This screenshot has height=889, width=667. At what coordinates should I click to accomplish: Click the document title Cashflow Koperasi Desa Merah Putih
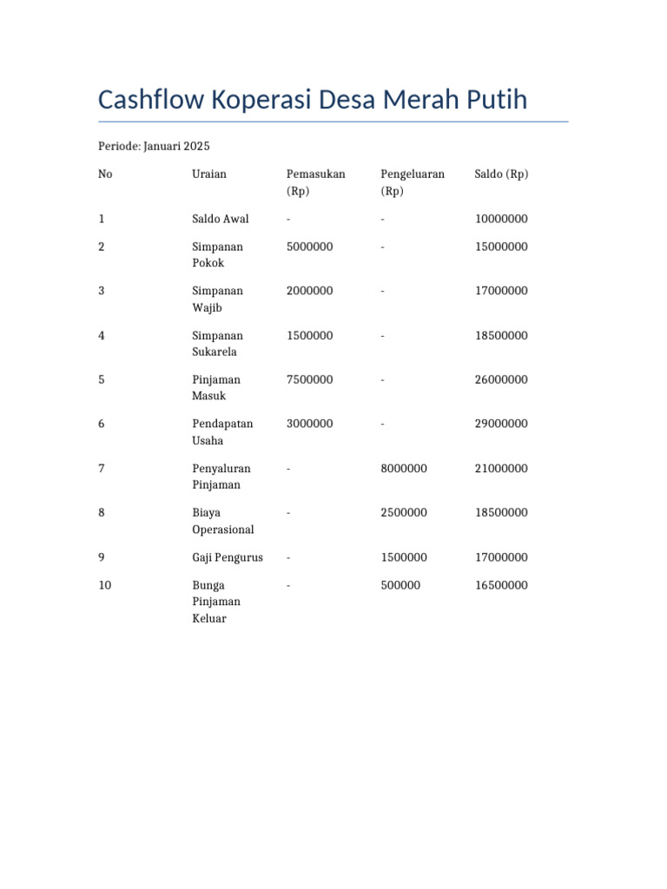(x=313, y=100)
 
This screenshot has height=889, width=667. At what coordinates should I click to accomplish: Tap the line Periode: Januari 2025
(x=154, y=146)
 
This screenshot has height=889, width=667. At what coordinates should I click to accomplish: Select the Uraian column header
(x=208, y=174)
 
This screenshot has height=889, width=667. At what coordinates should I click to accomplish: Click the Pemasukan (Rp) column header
(x=315, y=182)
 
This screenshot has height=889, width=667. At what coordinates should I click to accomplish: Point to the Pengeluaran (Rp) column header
(x=412, y=182)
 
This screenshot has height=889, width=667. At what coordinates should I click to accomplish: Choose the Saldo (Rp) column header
(x=501, y=174)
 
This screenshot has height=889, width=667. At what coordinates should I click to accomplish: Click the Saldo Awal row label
(x=220, y=219)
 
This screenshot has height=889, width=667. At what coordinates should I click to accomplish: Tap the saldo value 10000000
(x=501, y=219)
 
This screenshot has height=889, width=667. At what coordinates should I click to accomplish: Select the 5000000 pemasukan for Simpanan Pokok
(x=309, y=247)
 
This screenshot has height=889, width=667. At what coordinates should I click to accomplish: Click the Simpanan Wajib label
(x=217, y=299)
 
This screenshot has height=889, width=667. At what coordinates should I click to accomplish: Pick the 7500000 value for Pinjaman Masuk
(x=309, y=379)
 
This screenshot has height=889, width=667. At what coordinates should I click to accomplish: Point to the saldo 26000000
(x=501, y=379)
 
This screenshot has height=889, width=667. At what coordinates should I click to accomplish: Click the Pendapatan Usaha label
(x=221, y=431)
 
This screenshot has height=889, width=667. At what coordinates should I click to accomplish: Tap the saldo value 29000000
(x=501, y=424)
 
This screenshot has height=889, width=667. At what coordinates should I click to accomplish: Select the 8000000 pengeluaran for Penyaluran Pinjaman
(x=404, y=468)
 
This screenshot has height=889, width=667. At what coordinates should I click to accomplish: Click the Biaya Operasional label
(x=222, y=521)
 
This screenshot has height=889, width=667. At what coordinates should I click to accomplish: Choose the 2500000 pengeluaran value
(x=404, y=512)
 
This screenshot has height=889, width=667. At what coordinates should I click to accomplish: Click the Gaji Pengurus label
(x=227, y=557)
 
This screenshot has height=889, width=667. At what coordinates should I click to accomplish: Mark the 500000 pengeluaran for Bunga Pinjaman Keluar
(x=400, y=585)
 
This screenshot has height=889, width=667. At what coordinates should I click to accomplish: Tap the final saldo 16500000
(x=501, y=585)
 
